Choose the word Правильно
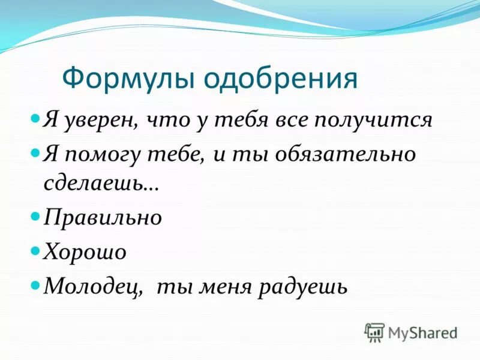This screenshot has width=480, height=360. point(103,217)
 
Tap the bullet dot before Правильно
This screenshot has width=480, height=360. point(35,214)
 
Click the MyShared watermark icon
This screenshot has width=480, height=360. point(374,332)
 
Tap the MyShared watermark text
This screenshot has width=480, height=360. point(422,332)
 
